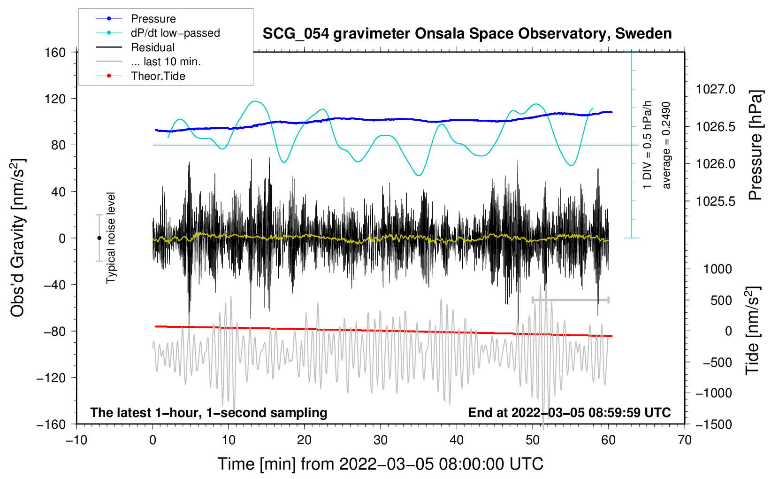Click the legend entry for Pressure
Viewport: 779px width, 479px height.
pyautogui.click(x=153, y=19)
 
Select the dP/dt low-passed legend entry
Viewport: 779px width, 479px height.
pyautogui.click(x=175, y=33)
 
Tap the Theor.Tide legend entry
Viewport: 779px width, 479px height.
pyautogui.click(x=158, y=76)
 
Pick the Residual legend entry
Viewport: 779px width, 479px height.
pyautogui.click(x=153, y=47)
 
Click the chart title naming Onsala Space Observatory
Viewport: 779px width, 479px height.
pyautogui.click(x=467, y=34)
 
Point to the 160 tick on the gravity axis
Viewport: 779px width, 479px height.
pyautogui.click(x=55, y=52)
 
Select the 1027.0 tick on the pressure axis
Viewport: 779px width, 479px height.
pyautogui.click(x=716, y=89)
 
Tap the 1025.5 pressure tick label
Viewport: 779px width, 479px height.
pyautogui.click(x=716, y=201)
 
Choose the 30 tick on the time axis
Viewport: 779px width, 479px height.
pyautogui.click(x=381, y=440)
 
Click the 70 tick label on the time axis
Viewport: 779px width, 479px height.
pyautogui.click(x=685, y=440)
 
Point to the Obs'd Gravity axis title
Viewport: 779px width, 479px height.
pyautogui.click(x=18, y=238)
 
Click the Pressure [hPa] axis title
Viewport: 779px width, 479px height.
pyautogui.click(x=755, y=145)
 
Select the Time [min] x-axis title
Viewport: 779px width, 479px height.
pyautogui.click(x=381, y=464)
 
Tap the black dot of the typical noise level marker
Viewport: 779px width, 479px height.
pyautogui.click(x=99, y=238)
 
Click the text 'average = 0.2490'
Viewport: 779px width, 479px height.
pyautogui.click(x=666, y=145)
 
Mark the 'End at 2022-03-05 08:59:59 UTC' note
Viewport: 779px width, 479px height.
pyautogui.click(x=569, y=412)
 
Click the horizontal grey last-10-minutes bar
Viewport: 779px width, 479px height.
pyautogui.click(x=570, y=300)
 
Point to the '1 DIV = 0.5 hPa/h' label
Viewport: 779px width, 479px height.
pyautogui.click(x=648, y=145)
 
